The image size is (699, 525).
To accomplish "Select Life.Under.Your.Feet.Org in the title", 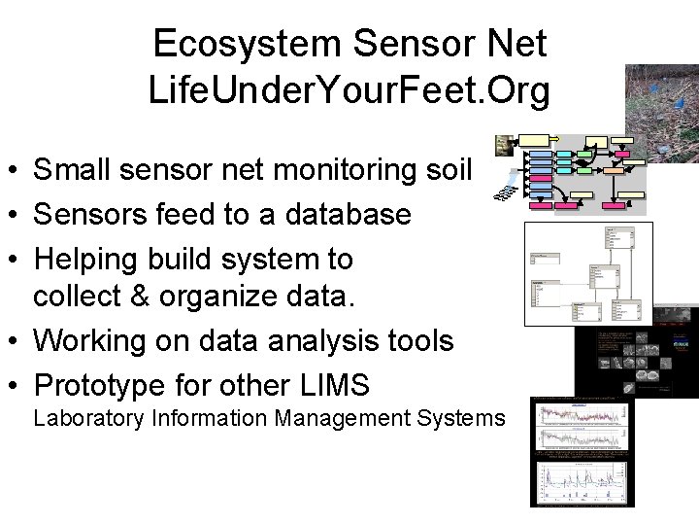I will pos(349,90).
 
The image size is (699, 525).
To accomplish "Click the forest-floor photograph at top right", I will pos(661,113).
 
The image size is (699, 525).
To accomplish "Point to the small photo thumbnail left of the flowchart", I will pos(503,145).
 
